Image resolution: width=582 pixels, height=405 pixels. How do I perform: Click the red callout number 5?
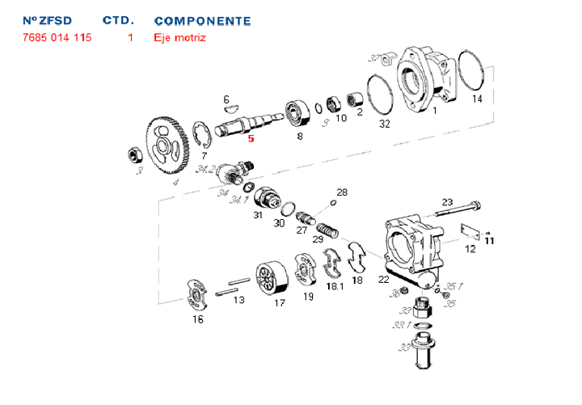(251, 138)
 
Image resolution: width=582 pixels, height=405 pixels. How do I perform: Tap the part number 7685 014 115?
(57, 37)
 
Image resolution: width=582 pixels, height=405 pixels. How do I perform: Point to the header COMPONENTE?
(202, 20)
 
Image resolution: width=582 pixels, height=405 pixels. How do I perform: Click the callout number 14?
(477, 99)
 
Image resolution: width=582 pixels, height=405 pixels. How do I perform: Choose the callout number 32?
(385, 124)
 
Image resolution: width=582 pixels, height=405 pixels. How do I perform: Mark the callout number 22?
(383, 280)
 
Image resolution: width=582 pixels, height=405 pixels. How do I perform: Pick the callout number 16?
(198, 319)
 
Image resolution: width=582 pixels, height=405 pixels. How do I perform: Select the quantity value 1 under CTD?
(130, 37)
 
